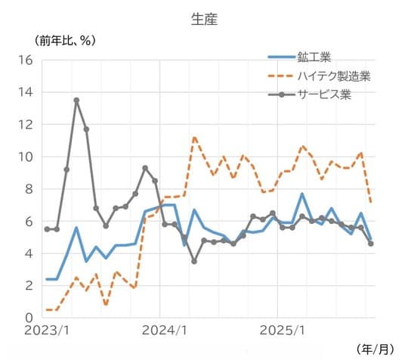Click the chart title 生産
coord(204,20)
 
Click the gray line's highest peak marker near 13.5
coord(76,100)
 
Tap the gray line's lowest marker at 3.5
coord(194,261)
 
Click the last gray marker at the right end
coord(371,244)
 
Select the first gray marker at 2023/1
coord(47,229)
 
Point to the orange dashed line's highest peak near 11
coord(194,137)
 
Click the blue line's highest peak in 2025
coord(302,194)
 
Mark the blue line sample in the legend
coord(281,57)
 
